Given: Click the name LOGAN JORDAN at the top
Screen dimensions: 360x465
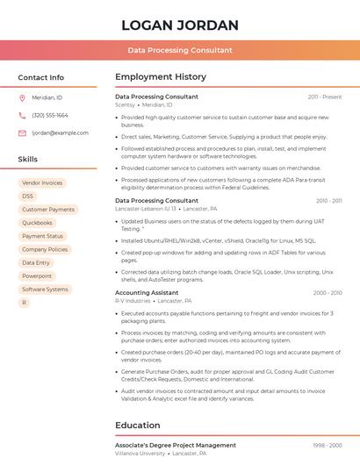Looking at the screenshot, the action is coord(179,25).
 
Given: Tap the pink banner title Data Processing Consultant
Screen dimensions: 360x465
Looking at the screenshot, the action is coord(179,51).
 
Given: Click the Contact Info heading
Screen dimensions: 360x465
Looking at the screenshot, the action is coord(41,77).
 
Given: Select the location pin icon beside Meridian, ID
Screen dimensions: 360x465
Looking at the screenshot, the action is coord(23,98).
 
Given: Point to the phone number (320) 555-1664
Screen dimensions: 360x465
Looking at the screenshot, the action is coord(50,116).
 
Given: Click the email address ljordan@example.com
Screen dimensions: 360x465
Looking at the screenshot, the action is coord(60,133).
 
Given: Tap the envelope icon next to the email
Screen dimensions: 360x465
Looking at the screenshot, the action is coord(23,133).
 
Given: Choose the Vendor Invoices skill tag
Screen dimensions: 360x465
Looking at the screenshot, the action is coord(42,183).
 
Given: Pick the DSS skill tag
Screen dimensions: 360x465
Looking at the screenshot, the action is coord(28,197).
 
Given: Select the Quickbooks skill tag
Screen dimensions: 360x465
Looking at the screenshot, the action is coord(37,223).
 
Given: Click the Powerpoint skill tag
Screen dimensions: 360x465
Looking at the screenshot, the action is coord(37,276).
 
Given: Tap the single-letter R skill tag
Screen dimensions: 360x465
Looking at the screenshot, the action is coord(25,303).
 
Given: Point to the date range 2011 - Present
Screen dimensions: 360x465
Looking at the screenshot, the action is coord(324,97).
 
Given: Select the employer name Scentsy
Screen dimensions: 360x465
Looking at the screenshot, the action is coord(125,104).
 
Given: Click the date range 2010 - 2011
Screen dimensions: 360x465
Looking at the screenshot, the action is coord(328,201).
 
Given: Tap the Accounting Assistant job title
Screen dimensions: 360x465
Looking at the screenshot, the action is coord(147,292).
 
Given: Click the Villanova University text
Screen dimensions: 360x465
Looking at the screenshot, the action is coord(140,454).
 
